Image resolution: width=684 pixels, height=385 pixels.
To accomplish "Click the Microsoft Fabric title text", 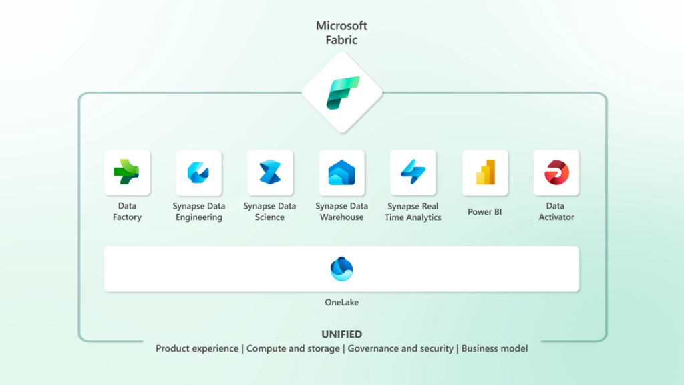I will point(341,33).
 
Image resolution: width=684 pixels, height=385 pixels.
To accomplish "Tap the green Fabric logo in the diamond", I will point(342,93).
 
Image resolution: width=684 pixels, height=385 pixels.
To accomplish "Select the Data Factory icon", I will point(127,172).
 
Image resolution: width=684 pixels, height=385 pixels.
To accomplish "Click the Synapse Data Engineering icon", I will point(199,172).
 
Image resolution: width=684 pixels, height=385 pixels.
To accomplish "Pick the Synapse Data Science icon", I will point(270,172).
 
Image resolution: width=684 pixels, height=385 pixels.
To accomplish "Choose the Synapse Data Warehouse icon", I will point(342,172).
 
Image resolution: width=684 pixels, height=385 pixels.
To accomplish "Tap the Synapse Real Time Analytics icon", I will point(413,172).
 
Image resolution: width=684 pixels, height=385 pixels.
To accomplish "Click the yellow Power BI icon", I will point(485,172).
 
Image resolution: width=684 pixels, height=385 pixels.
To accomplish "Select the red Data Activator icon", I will point(556,172).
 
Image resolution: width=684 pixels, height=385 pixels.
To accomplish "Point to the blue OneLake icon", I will point(342,269).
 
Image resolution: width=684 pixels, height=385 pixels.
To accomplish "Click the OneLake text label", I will point(342,302).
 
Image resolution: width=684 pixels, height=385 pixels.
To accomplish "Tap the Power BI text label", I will point(485,212).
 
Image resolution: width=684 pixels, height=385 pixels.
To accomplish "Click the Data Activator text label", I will point(556,211).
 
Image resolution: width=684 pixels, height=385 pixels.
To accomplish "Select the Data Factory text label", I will point(127,211).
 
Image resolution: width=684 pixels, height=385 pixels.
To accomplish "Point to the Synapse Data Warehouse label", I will point(342,211).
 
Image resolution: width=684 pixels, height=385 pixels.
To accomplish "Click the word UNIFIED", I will point(341,334).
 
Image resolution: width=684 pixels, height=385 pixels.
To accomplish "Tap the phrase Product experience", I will point(197,348).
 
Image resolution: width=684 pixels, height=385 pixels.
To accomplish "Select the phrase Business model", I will point(494,348).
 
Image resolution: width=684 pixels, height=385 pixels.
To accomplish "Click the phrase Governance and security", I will point(401,348).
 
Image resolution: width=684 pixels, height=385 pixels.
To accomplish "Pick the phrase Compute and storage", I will point(293,348).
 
